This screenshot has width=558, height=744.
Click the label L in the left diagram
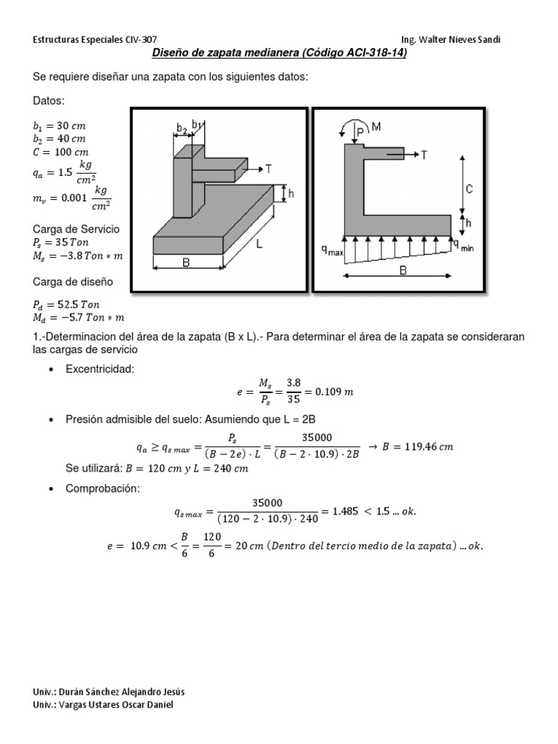(258, 246)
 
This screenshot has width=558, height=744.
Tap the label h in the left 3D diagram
(291, 194)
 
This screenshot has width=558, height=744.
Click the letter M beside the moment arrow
(376, 127)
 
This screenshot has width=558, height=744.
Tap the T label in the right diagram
(424, 154)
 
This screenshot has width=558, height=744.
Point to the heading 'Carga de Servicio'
(76, 229)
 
